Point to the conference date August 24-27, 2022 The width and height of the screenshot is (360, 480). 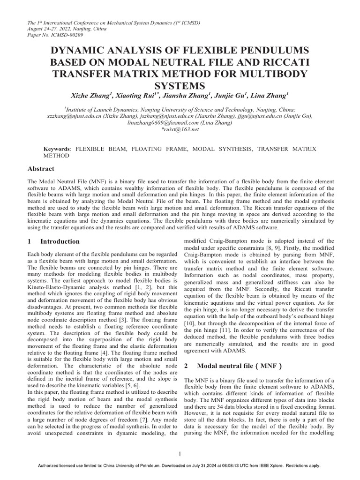click(46, 28)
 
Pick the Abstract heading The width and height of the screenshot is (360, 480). click(41, 169)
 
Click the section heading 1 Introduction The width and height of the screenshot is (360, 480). click(54, 241)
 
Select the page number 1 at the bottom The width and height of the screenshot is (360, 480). click(180, 453)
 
